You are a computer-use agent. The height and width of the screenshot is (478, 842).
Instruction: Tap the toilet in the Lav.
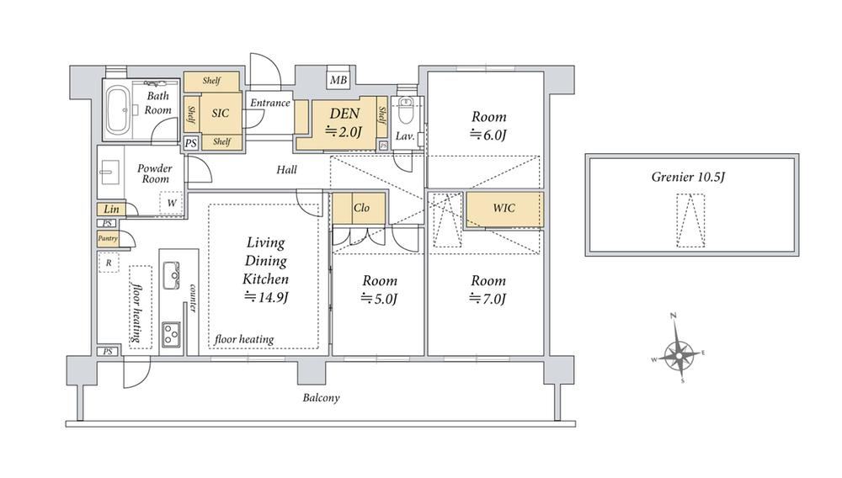coord(406,110)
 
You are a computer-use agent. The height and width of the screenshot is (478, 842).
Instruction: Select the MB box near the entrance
coord(338,81)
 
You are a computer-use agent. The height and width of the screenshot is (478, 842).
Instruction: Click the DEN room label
coord(344,114)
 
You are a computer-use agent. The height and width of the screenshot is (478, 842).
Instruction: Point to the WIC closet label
coord(504,208)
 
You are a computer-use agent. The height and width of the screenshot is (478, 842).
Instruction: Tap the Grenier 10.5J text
coord(688,177)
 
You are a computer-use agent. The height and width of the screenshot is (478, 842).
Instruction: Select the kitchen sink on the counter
coord(172,276)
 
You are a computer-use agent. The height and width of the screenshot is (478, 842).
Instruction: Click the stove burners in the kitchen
coord(172,334)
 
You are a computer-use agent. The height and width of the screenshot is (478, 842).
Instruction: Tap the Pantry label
coord(108,238)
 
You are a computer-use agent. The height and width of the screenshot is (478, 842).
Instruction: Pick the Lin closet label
coord(111,210)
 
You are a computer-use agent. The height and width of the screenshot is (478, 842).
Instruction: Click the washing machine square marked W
coord(171,203)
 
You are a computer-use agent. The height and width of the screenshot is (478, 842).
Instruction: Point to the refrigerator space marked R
coord(109,263)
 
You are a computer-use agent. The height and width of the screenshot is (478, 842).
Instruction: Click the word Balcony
coord(321,398)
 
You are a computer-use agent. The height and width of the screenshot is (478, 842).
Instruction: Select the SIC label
coord(220,114)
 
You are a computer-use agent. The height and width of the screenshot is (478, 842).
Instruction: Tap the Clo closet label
coord(361,208)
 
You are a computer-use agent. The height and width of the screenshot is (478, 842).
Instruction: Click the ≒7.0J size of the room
coord(488,298)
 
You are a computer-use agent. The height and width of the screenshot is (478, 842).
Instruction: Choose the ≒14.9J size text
coord(266,297)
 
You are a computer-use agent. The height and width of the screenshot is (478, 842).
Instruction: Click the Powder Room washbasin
coord(109,173)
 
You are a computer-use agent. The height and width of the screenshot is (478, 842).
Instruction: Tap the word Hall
coord(286,170)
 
